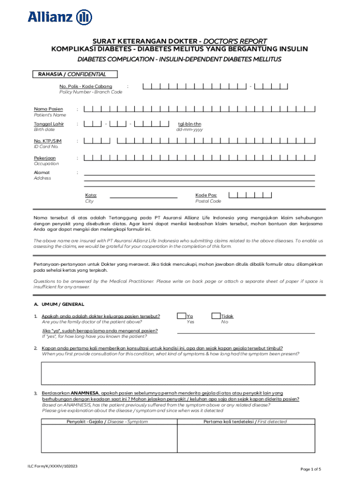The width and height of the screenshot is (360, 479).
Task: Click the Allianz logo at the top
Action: (60, 17)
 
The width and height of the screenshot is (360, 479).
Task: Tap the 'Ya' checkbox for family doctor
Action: (181, 316)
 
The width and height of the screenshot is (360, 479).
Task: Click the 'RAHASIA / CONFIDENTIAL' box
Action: (75, 74)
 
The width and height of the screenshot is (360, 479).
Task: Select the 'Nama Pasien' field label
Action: (49, 109)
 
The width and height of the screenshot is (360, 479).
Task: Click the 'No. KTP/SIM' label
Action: (48, 141)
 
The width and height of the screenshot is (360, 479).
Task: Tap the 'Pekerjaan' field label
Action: (45, 158)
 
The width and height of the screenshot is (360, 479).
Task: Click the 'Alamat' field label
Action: (42, 173)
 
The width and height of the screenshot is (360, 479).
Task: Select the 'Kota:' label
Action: (91, 195)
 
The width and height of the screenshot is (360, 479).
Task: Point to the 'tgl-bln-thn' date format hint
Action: (189, 124)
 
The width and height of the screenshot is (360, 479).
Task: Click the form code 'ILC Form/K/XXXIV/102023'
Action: (52, 466)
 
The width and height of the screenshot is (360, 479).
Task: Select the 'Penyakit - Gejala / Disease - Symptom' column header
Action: (107, 421)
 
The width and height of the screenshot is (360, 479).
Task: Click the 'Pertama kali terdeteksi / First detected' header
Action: (245, 421)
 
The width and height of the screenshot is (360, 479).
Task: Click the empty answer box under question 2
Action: (178, 372)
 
